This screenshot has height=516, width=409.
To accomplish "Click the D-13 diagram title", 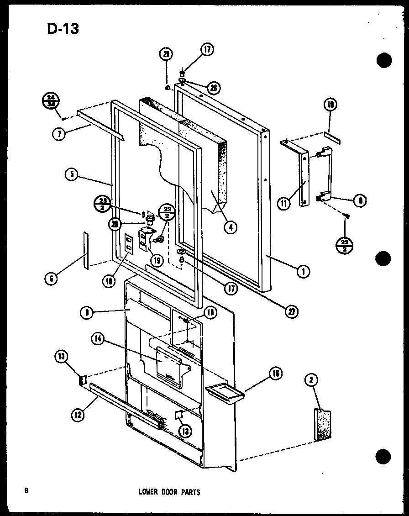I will click(x=63, y=28).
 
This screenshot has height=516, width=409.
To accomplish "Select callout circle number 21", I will click(x=166, y=54).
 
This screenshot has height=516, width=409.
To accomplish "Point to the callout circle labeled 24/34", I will click(x=51, y=100).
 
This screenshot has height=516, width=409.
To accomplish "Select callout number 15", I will click(x=210, y=313).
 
